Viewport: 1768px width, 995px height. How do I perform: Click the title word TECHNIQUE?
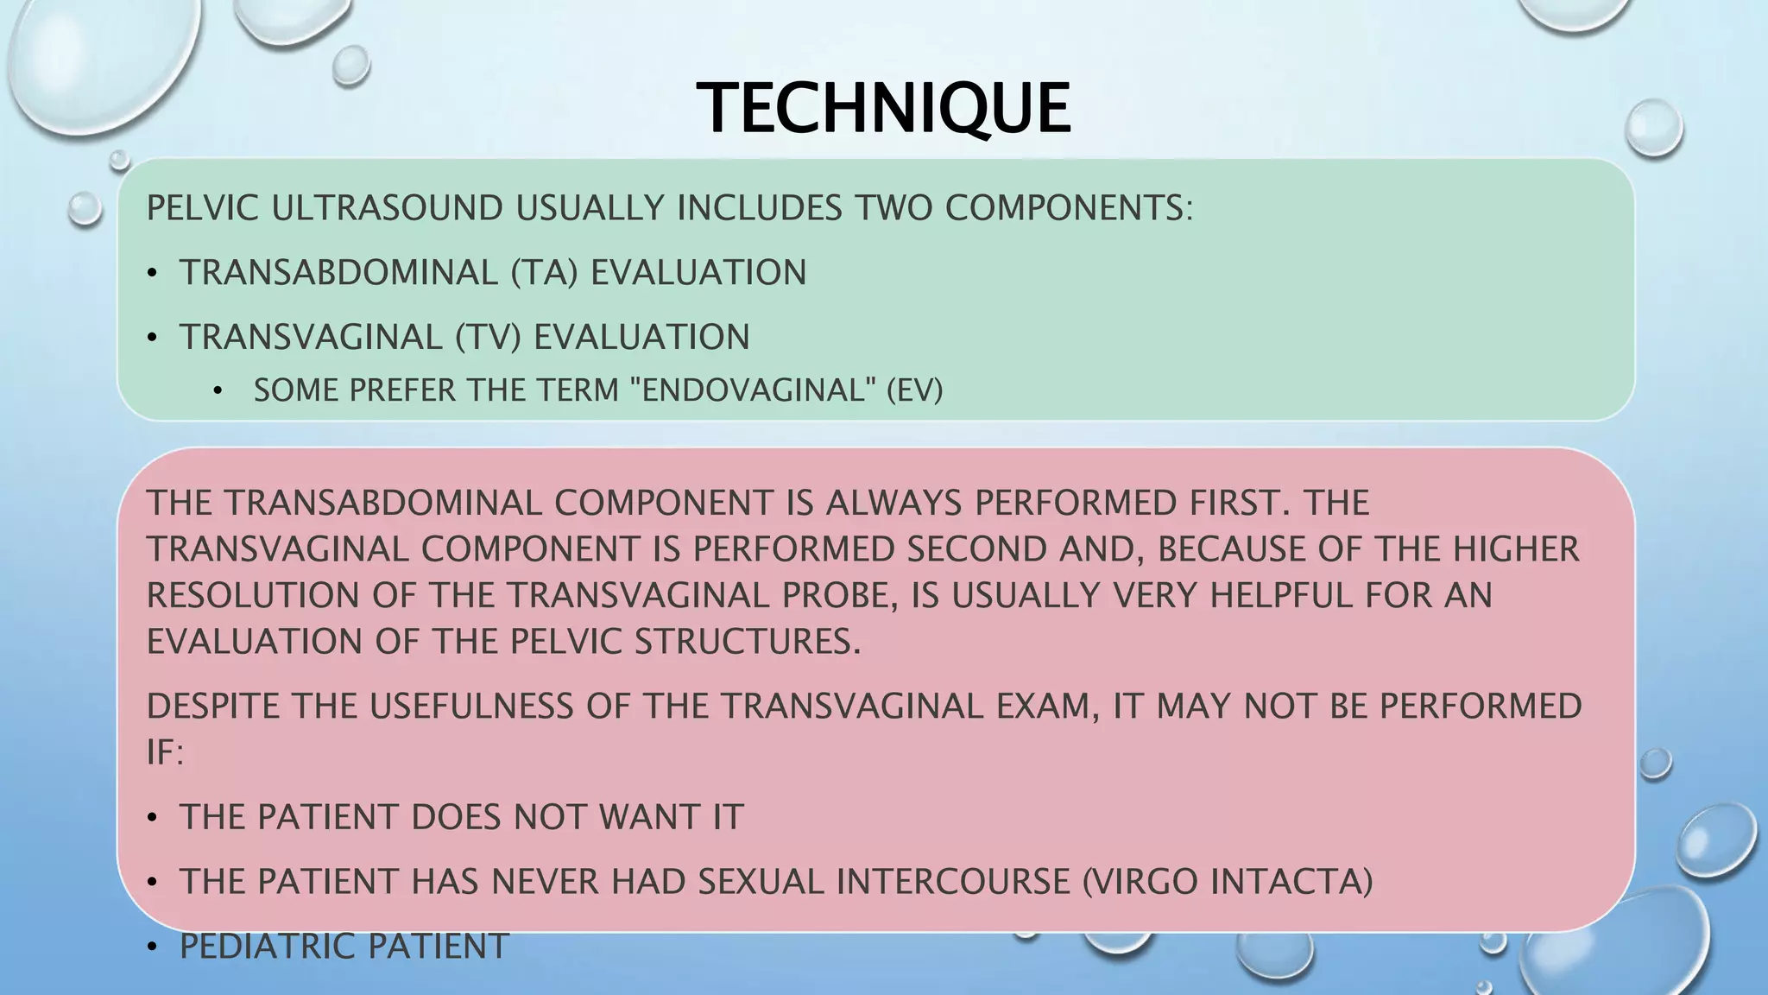click(883, 109)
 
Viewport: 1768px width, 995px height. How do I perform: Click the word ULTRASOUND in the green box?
click(387, 209)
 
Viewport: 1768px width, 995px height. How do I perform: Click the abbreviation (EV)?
click(915, 390)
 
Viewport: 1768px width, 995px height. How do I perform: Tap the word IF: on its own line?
click(165, 753)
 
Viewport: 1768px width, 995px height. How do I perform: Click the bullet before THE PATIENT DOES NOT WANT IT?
click(153, 818)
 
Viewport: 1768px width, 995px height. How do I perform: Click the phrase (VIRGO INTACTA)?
click(1227, 882)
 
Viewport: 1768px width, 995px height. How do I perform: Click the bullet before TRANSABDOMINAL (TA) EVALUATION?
click(153, 274)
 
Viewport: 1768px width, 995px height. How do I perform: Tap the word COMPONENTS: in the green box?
click(1069, 209)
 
